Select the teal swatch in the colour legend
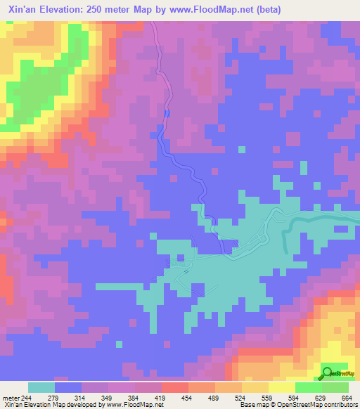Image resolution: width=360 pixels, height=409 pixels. [x=41, y=387]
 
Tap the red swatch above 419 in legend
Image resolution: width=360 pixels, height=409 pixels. [x=174, y=387]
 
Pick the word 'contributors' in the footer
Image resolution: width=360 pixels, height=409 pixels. [x=339, y=405]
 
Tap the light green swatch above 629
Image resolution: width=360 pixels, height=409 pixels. [x=309, y=387]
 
